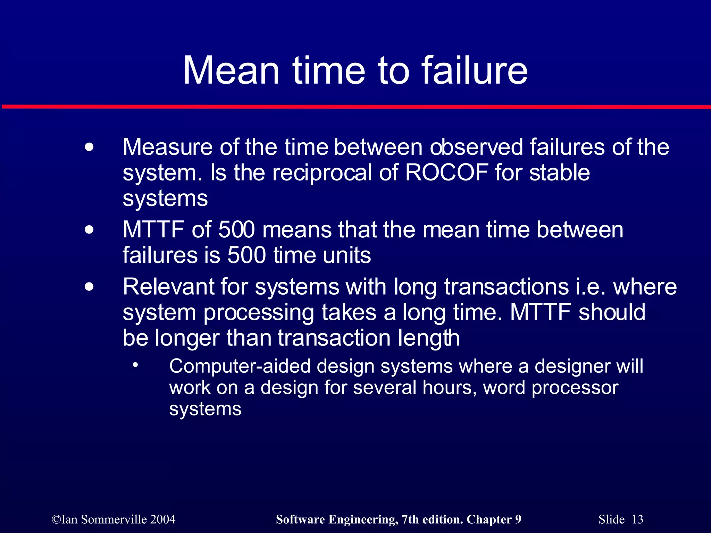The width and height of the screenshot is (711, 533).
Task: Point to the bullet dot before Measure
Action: tap(89, 147)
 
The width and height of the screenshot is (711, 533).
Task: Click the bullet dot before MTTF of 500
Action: tap(89, 230)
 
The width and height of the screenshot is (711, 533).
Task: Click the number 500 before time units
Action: tap(246, 255)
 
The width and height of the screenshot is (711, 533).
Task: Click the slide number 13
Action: tap(637, 519)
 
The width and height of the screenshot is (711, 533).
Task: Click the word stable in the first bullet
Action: tap(559, 172)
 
